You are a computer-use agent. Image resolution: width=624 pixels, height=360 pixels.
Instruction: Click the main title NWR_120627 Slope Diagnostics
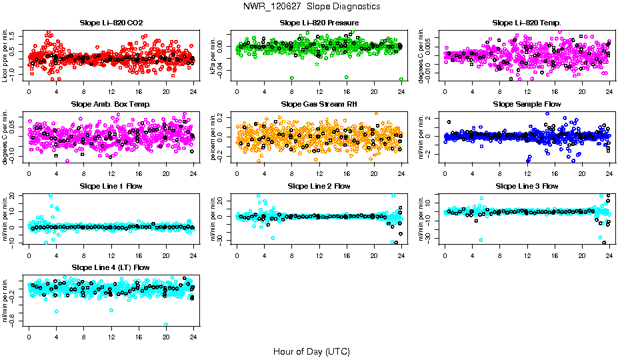(x=312, y=6)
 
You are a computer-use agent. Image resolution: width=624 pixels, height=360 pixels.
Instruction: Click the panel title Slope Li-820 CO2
(x=111, y=23)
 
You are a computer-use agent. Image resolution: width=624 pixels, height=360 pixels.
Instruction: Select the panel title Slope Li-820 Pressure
(x=319, y=23)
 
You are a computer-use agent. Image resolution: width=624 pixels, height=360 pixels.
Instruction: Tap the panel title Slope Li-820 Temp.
(x=527, y=23)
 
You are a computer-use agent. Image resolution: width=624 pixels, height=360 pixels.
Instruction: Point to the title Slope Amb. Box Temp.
(x=111, y=105)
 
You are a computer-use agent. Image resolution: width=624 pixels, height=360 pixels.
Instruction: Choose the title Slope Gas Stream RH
(x=319, y=105)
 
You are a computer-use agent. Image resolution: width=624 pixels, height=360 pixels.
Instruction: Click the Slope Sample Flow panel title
(x=527, y=105)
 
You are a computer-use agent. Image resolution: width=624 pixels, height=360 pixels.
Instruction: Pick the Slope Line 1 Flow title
(x=111, y=186)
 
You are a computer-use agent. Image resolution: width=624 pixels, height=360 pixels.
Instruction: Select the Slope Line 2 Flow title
(x=319, y=186)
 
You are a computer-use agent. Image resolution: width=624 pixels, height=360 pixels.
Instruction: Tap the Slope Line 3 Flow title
(x=527, y=186)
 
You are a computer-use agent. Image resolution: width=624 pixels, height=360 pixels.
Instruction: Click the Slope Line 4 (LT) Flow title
(x=111, y=267)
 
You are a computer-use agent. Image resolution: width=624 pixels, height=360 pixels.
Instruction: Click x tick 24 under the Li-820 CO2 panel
(x=193, y=92)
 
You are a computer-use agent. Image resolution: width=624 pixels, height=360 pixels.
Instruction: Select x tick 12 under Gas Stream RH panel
(x=319, y=173)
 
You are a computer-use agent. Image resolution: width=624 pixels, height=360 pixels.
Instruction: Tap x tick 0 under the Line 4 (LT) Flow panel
(x=29, y=337)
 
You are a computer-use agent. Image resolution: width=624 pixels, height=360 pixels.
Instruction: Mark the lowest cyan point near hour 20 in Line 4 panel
(x=166, y=325)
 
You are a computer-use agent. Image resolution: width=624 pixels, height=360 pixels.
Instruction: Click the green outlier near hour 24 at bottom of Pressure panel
(x=401, y=79)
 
